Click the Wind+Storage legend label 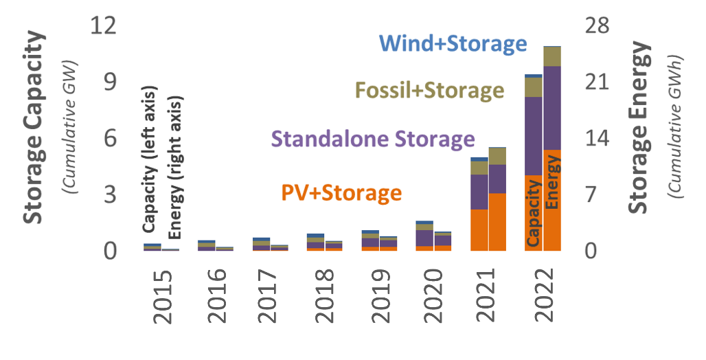click(453, 44)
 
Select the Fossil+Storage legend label click(429, 91)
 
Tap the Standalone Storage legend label click(374, 139)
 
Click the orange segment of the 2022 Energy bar click(552, 199)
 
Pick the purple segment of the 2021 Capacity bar click(479, 192)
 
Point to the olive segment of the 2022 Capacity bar click(534, 87)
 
